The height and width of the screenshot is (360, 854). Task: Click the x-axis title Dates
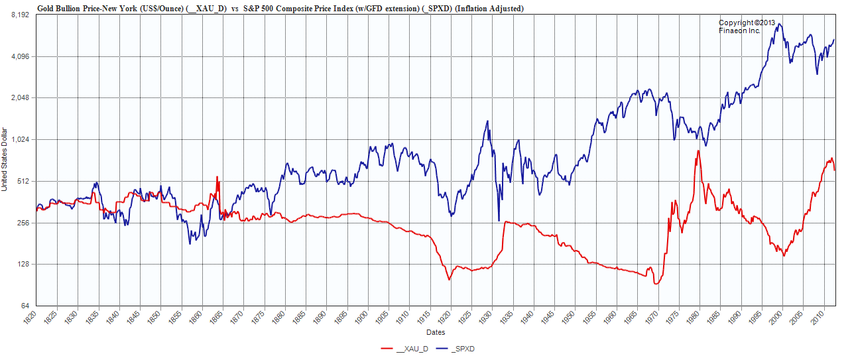point(435,332)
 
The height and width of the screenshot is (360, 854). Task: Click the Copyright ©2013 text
point(747,23)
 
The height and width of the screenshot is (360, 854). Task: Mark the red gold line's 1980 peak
point(698,151)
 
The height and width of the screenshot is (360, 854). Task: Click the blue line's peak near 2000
point(780,25)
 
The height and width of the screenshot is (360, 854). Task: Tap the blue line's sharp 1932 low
point(498,221)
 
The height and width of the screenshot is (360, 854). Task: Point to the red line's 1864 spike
point(217,177)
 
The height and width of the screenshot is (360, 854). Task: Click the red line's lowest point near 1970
point(656,284)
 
